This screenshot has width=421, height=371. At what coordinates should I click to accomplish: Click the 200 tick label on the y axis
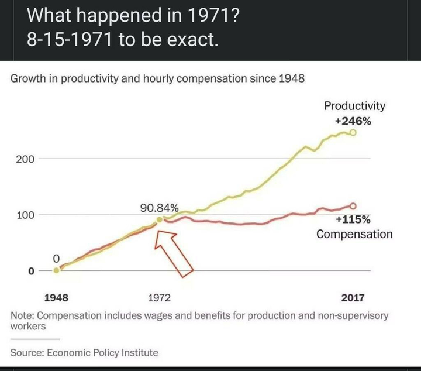click(25, 159)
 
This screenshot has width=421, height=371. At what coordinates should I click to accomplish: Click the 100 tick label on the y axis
click(25, 214)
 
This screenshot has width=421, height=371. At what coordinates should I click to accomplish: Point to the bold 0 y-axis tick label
click(33, 270)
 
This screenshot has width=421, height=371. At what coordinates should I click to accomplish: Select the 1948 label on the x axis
click(57, 298)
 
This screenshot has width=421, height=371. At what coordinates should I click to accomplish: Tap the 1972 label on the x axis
click(159, 298)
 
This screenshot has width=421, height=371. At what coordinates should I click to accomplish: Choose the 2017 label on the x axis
click(353, 298)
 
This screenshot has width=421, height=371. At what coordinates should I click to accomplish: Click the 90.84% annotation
click(159, 208)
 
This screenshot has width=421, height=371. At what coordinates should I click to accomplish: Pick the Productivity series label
click(355, 106)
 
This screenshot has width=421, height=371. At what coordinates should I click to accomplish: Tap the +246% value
click(353, 122)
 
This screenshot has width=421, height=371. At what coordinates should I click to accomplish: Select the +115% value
click(353, 219)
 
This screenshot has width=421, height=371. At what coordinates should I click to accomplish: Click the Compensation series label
click(354, 234)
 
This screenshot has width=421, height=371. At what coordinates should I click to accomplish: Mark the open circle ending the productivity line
click(353, 133)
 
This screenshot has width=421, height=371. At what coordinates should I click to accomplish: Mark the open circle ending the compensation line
click(352, 205)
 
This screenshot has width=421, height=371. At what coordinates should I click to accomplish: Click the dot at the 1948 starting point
click(56, 270)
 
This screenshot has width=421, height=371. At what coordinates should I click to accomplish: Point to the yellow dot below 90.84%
click(160, 220)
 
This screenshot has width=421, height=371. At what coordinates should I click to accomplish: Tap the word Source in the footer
click(26, 352)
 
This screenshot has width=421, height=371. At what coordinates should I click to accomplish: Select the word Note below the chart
click(22, 315)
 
